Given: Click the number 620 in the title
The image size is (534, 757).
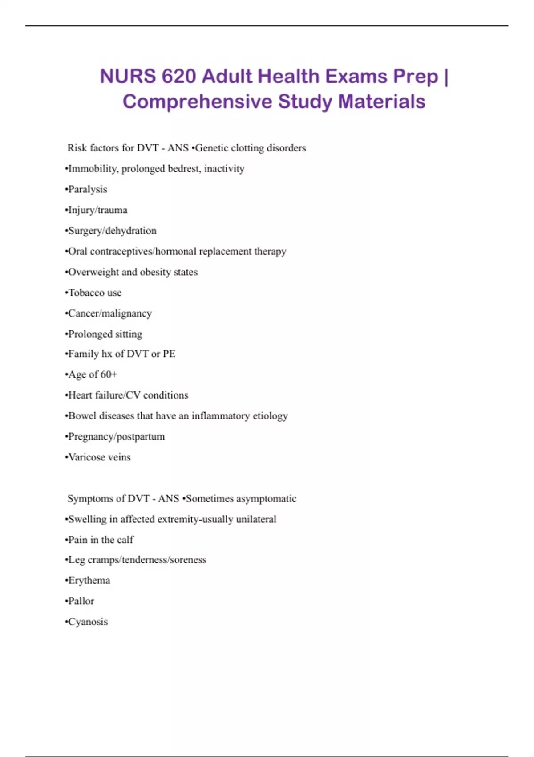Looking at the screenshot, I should pyautogui.click(x=178, y=76).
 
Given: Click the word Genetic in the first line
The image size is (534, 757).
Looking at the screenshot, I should pyautogui.click(x=212, y=148).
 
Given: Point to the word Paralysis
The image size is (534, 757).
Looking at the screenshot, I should pyautogui.click(x=88, y=189).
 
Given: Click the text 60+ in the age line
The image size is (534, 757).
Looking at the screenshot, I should pyautogui.click(x=109, y=374).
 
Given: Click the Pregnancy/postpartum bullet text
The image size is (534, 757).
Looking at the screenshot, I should pyautogui.click(x=116, y=436).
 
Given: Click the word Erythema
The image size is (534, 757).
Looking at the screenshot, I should pyautogui.click(x=89, y=581).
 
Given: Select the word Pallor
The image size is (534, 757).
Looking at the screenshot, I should pyautogui.click(x=81, y=601).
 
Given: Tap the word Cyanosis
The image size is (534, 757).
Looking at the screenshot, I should pyautogui.click(x=88, y=622).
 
